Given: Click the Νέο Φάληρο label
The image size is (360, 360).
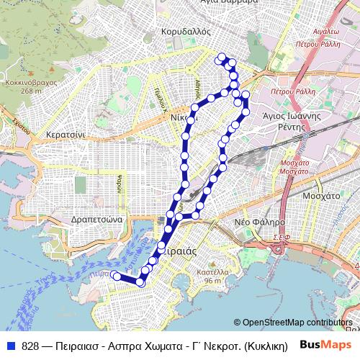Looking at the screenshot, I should pos(260,222).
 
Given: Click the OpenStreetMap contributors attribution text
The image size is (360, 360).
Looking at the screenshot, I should pos(297,323).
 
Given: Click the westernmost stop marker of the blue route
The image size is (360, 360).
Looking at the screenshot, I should pos(117,276).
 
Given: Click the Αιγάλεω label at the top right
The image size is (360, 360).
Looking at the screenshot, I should pos(326,32).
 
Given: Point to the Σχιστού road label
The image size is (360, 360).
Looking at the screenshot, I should pos(19,124).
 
